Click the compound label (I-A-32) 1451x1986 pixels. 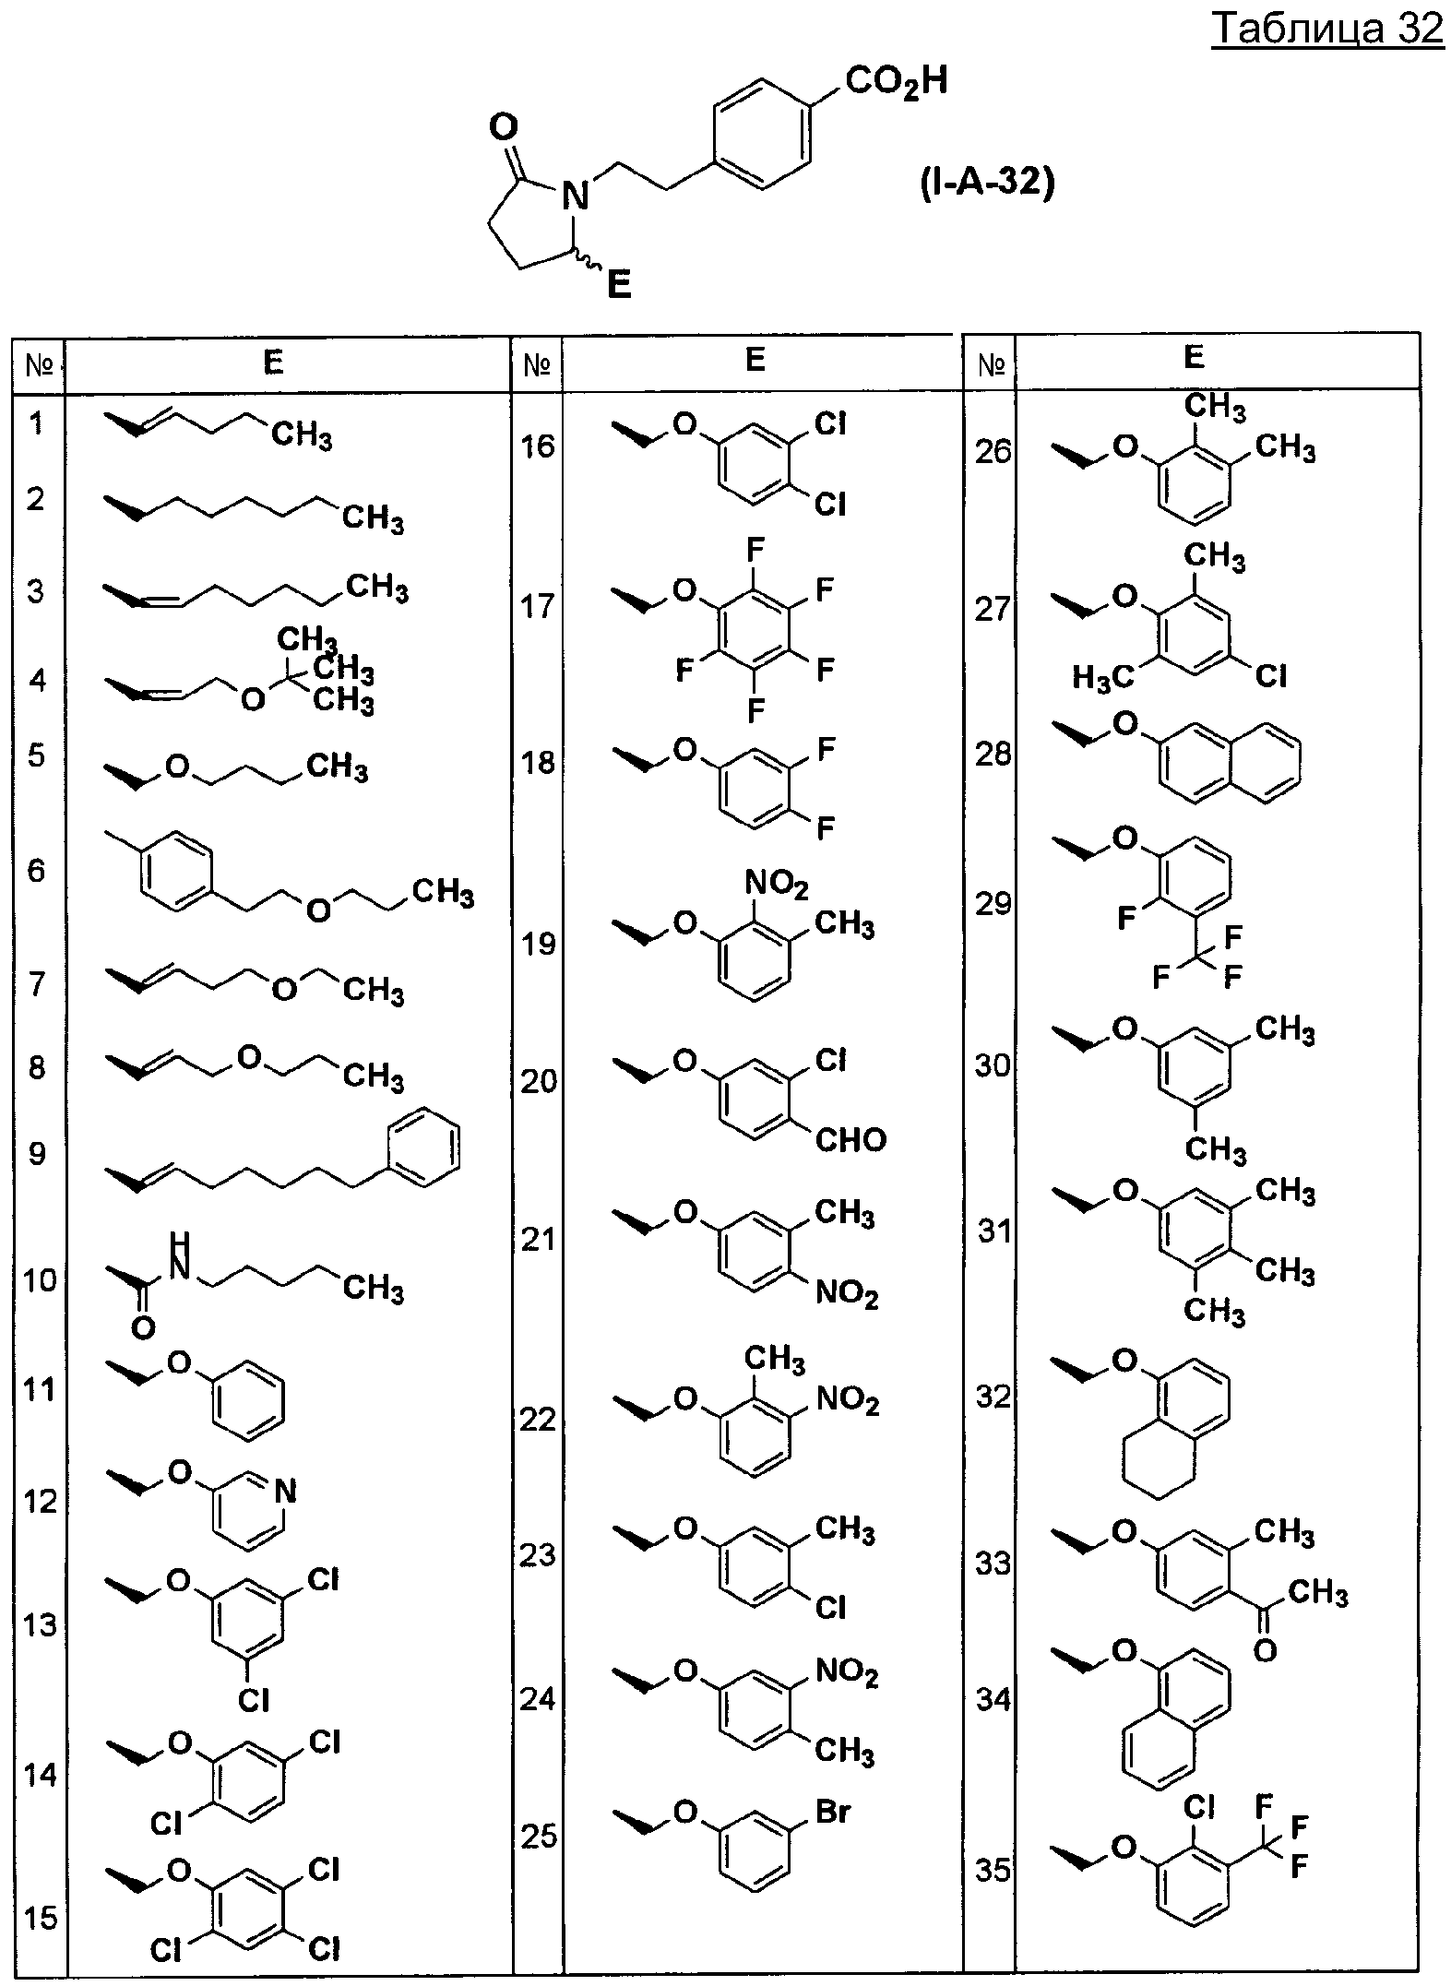[x=987, y=184]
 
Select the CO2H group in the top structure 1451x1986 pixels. [x=897, y=83]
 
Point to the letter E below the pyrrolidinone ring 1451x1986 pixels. [x=619, y=285]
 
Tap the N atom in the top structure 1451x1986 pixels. [x=576, y=195]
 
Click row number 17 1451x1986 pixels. [x=538, y=606]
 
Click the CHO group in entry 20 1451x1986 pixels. [x=850, y=1141]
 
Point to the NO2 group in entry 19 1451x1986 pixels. [x=777, y=886]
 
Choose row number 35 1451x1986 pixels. [x=993, y=1872]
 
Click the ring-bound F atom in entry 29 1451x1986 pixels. [x=1125, y=919]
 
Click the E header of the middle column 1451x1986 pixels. [x=755, y=360]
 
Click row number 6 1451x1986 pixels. [x=36, y=870]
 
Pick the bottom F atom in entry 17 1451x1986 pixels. [x=755, y=710]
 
